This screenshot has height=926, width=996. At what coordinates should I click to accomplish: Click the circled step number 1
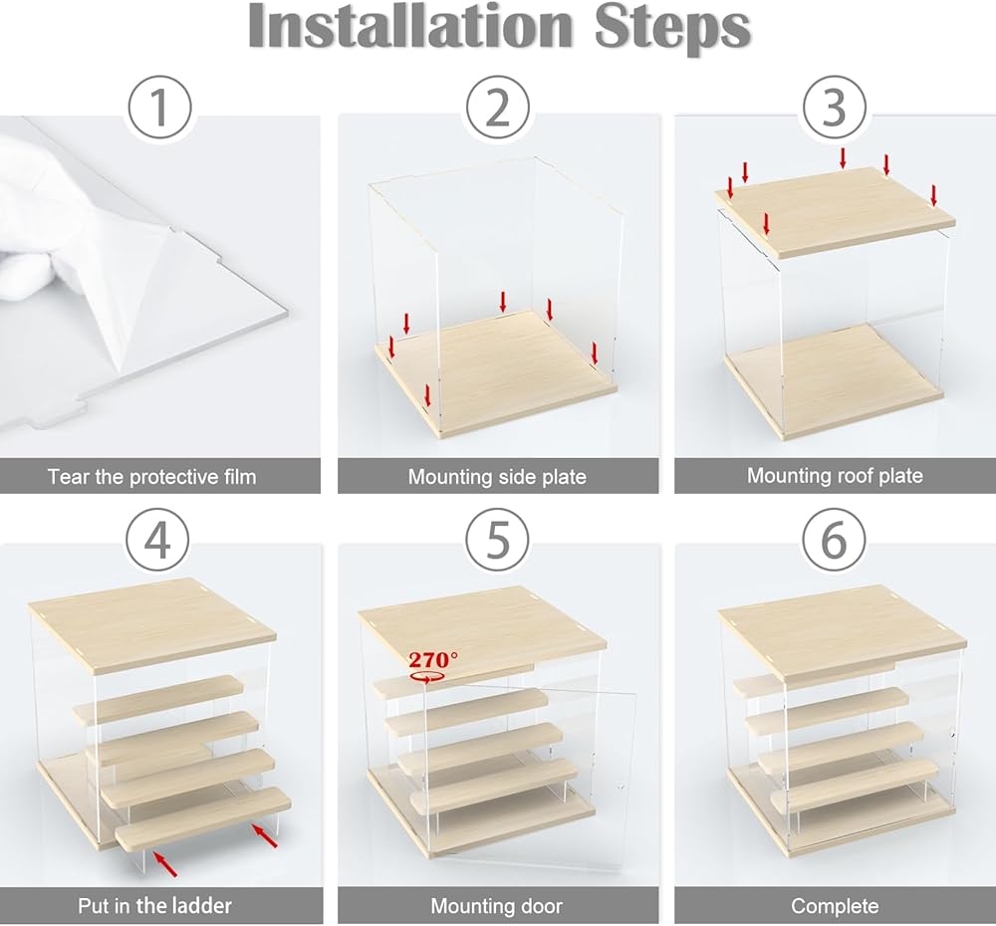[159, 108]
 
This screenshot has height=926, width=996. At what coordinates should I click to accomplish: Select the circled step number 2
[497, 108]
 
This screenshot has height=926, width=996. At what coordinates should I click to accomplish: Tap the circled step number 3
[834, 108]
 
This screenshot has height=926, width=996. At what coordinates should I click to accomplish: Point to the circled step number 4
[157, 541]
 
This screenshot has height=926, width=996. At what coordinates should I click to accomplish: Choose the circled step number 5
[497, 540]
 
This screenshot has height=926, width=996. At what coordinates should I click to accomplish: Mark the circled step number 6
[834, 540]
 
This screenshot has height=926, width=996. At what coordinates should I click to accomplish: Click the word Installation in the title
[410, 26]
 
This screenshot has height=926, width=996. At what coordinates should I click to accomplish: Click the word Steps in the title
[672, 28]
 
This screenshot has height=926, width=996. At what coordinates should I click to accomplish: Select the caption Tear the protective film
[151, 476]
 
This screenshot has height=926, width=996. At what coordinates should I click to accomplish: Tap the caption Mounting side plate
[497, 476]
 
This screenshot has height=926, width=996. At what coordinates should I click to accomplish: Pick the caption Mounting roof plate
[835, 476]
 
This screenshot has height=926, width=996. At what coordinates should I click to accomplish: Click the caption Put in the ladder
[154, 905]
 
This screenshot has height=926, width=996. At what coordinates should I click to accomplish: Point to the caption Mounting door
[497, 906]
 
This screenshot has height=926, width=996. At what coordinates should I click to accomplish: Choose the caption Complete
[835, 906]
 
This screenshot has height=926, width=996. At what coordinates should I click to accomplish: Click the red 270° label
[432, 659]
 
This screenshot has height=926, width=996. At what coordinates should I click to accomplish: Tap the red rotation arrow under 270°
[427, 678]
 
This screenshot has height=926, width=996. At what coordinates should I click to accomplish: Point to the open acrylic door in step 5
[531, 776]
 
